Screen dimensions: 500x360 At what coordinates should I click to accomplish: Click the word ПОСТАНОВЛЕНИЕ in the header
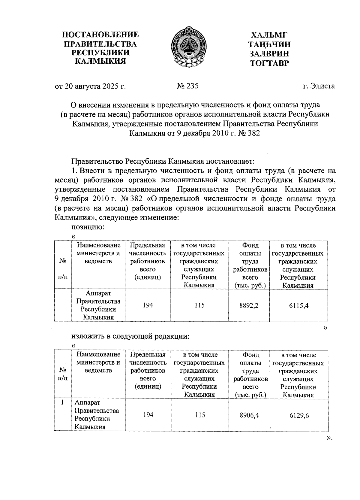[100, 35]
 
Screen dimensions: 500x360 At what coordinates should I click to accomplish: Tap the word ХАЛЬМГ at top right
[269, 35]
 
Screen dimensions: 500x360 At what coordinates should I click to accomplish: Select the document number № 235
[188, 86]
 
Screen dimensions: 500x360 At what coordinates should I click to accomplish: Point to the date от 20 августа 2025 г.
[90, 86]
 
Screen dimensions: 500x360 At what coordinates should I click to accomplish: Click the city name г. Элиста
[319, 86]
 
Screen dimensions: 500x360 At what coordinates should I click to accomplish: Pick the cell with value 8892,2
[249, 305]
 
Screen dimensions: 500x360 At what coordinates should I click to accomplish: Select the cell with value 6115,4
[299, 305]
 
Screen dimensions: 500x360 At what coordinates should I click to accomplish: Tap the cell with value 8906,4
[249, 415]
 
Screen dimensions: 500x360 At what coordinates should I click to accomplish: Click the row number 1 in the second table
[62, 402]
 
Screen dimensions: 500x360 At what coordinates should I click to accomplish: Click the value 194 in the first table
[148, 305]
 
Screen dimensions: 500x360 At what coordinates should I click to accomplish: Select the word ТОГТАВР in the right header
[269, 63]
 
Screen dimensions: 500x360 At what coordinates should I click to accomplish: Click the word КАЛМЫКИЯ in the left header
[100, 62]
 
